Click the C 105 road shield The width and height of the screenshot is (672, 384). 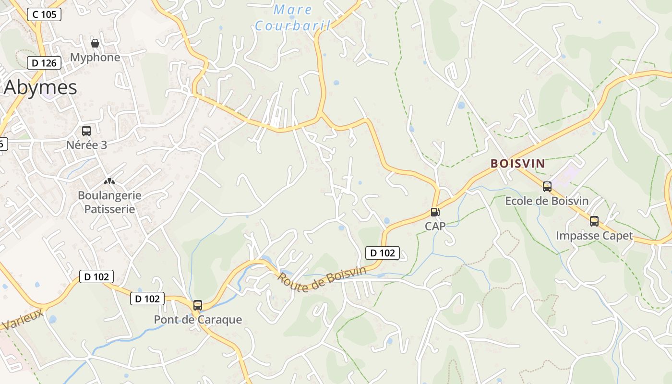click(x=44, y=14)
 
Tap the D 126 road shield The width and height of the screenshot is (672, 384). click(x=44, y=63)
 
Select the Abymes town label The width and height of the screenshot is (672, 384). click(x=40, y=88)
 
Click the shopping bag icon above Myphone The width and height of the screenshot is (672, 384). click(x=95, y=43)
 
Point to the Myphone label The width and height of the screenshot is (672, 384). click(x=95, y=58)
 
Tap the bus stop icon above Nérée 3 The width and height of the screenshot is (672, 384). click(x=86, y=131)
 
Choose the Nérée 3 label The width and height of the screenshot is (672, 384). click(x=86, y=145)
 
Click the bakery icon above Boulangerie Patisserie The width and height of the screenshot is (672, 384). click(x=109, y=181)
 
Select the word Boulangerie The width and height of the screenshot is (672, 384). click(x=109, y=195)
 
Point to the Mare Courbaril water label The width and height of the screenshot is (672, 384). click(x=293, y=17)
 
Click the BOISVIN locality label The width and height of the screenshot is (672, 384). click(x=517, y=164)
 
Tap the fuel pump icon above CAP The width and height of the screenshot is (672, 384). click(x=435, y=212)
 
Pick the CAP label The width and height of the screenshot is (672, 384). click(x=435, y=226)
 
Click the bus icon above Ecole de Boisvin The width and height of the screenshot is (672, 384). click(x=547, y=187)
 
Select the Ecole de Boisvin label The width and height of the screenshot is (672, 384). click(x=547, y=201)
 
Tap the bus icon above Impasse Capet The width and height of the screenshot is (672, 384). click(x=594, y=221)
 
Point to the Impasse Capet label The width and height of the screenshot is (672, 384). click(x=594, y=236)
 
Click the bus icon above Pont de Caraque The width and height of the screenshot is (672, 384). click(x=198, y=305)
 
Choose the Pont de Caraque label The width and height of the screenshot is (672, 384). click(x=198, y=320)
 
